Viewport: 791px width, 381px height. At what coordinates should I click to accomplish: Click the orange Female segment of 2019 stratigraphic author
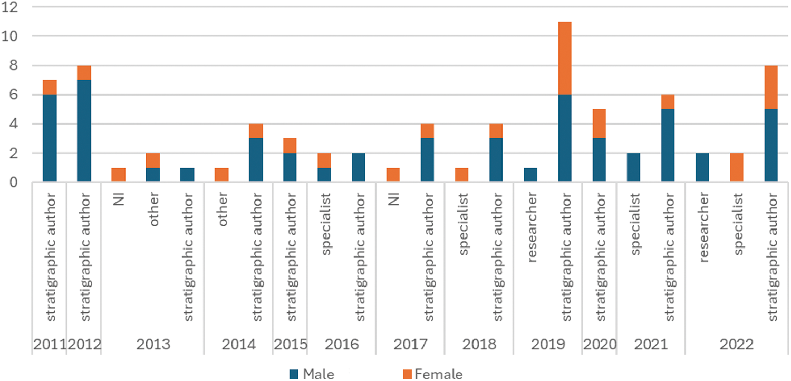(x=565, y=58)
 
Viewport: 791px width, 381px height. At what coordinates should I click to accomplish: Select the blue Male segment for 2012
(x=84, y=131)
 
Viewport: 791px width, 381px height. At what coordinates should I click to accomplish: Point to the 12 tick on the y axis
(x=11, y=7)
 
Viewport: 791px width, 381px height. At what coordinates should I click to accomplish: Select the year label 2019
(x=547, y=345)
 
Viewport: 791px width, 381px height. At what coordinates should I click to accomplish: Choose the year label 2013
(x=153, y=345)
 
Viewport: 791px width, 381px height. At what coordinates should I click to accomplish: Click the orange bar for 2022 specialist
(x=737, y=167)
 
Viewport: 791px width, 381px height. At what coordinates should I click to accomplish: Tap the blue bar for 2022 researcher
(x=702, y=167)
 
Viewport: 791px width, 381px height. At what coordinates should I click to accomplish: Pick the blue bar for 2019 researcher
(x=530, y=175)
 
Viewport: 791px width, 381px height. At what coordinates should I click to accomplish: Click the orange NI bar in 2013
(x=119, y=175)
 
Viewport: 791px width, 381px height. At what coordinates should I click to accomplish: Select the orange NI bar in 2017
(x=393, y=175)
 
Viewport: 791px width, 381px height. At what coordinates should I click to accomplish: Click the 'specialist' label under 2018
(x=464, y=225)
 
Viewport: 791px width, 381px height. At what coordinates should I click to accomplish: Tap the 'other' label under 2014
(x=223, y=212)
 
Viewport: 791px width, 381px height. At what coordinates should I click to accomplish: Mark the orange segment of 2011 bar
(x=50, y=88)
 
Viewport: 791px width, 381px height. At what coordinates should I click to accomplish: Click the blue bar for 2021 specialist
(x=633, y=167)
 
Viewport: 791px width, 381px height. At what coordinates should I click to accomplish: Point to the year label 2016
(x=342, y=345)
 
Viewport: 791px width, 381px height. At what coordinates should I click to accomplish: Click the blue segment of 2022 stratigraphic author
(x=771, y=145)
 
